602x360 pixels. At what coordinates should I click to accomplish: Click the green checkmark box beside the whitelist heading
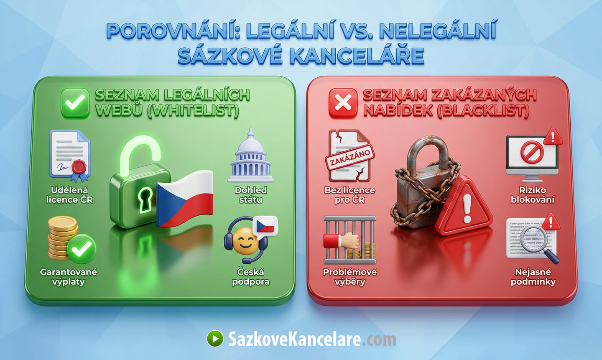pos(75,102)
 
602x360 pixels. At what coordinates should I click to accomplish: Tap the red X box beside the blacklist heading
pos(343,102)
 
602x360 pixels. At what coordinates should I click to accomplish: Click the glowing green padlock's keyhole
pos(145,199)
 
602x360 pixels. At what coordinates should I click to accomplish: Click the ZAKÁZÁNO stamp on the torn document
pos(349,159)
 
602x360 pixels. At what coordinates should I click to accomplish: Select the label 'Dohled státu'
pos(250,195)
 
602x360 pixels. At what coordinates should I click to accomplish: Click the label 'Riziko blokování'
pos(533,195)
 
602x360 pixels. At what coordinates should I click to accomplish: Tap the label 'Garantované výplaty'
pos(69,277)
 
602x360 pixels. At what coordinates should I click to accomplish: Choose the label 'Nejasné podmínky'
pos(533,277)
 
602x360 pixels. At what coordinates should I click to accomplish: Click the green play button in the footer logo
pos(215,338)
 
